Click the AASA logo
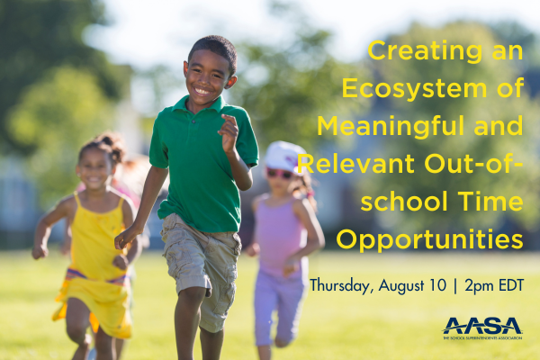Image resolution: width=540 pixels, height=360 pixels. (x=481, y=328)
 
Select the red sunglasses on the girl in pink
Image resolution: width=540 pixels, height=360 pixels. (x=280, y=172)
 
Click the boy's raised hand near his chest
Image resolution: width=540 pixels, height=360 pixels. (x=229, y=133)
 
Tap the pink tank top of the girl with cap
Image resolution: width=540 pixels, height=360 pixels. (x=283, y=229)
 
